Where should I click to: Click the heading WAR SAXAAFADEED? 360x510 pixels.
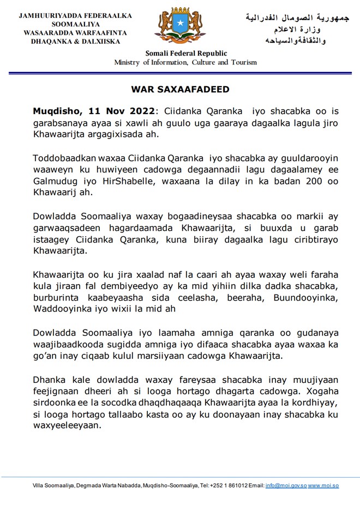[180, 89]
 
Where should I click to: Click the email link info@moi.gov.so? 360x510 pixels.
[285, 485]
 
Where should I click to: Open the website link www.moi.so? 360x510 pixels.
[323, 485]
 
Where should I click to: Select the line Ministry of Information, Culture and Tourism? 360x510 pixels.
[185, 62]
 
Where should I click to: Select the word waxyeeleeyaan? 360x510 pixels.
[68, 426]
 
